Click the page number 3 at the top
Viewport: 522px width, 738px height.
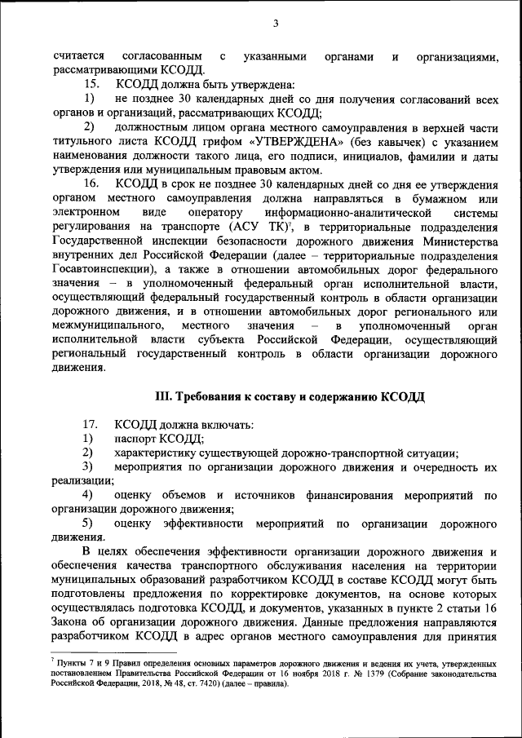[x=275, y=22]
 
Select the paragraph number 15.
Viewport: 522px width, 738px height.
[x=91, y=84]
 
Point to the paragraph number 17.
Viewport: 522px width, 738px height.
[x=91, y=425]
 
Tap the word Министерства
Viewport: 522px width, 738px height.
[x=452, y=242]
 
